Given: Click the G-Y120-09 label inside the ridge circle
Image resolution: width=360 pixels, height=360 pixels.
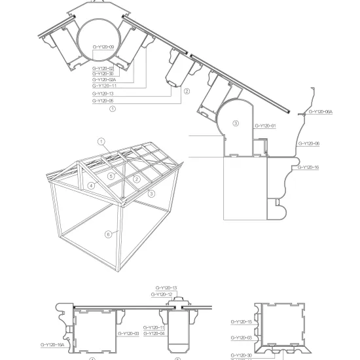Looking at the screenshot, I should click(x=103, y=46).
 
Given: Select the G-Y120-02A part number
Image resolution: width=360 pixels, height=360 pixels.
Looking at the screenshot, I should click(x=103, y=80).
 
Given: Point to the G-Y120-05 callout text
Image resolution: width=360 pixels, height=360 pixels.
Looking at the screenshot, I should click(x=103, y=101).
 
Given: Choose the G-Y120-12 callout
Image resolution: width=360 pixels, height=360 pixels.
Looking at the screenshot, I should click(x=162, y=295).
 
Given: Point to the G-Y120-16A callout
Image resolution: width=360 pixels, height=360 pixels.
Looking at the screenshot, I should click(x=52, y=344).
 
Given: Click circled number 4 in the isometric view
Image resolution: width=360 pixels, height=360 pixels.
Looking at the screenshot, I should click(x=92, y=186).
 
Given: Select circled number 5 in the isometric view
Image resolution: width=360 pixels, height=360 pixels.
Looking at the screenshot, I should click(x=112, y=176).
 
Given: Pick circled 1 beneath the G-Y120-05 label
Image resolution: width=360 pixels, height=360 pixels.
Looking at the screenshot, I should click(x=113, y=110).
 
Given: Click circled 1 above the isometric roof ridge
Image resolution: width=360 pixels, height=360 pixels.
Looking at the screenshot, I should click(x=101, y=141).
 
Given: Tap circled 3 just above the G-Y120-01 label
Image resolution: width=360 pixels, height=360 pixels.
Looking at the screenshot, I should click(x=236, y=122).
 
